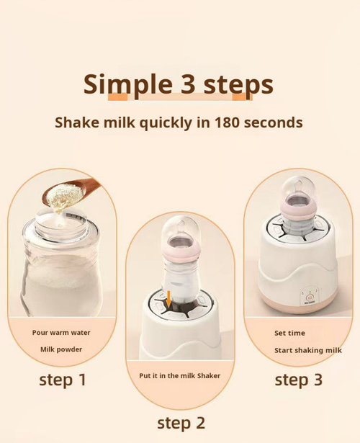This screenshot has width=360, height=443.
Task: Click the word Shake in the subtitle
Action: point(76,122)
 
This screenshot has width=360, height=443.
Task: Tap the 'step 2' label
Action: point(181,422)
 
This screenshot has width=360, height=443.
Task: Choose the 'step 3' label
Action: point(298,380)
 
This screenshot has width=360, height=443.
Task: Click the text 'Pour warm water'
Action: point(61,333)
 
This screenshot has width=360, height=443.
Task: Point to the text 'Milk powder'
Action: point(61,349)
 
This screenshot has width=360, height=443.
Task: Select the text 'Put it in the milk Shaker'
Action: point(180,375)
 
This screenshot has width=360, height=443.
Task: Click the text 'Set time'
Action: point(289,333)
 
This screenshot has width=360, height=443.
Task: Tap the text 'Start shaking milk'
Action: point(307,351)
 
